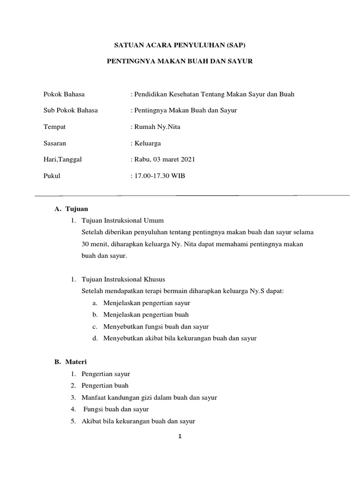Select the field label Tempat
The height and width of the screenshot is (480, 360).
pos(54,127)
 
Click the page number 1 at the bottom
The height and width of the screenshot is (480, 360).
pos(180,436)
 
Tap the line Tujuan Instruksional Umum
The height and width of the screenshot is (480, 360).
pos(122,220)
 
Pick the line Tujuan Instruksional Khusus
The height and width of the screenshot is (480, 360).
pos(123,280)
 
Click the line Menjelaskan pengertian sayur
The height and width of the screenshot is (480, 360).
pos(147,303)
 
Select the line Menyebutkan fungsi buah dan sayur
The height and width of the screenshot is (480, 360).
pos(156,327)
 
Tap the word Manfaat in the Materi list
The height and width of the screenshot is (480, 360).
pos(93,397)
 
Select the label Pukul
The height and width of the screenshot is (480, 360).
pos(52,176)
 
